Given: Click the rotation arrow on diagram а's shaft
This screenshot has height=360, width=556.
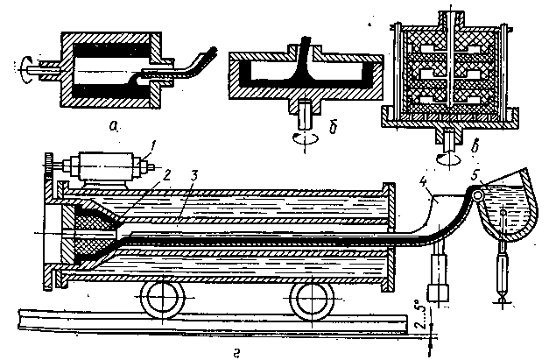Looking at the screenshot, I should click(25, 65).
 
